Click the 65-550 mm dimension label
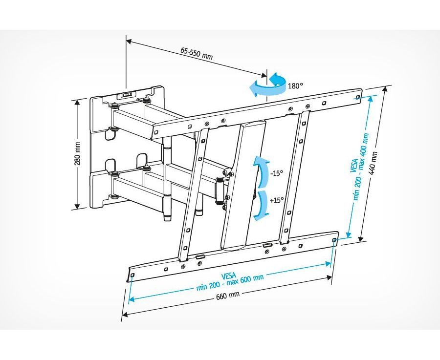coord(197,53)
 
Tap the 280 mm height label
coord(78,154)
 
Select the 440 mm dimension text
coord(374,163)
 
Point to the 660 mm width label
coord(227,295)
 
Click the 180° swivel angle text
coord(295,86)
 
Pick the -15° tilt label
coord(276,173)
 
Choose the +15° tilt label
coord(277,200)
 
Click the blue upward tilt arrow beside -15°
coord(261,172)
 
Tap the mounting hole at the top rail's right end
coord(357,97)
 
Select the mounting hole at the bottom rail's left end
coord(132,275)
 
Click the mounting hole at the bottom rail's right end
coord(334,240)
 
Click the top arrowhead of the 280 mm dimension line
coord(76,102)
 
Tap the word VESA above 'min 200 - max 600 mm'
coord(228,275)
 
